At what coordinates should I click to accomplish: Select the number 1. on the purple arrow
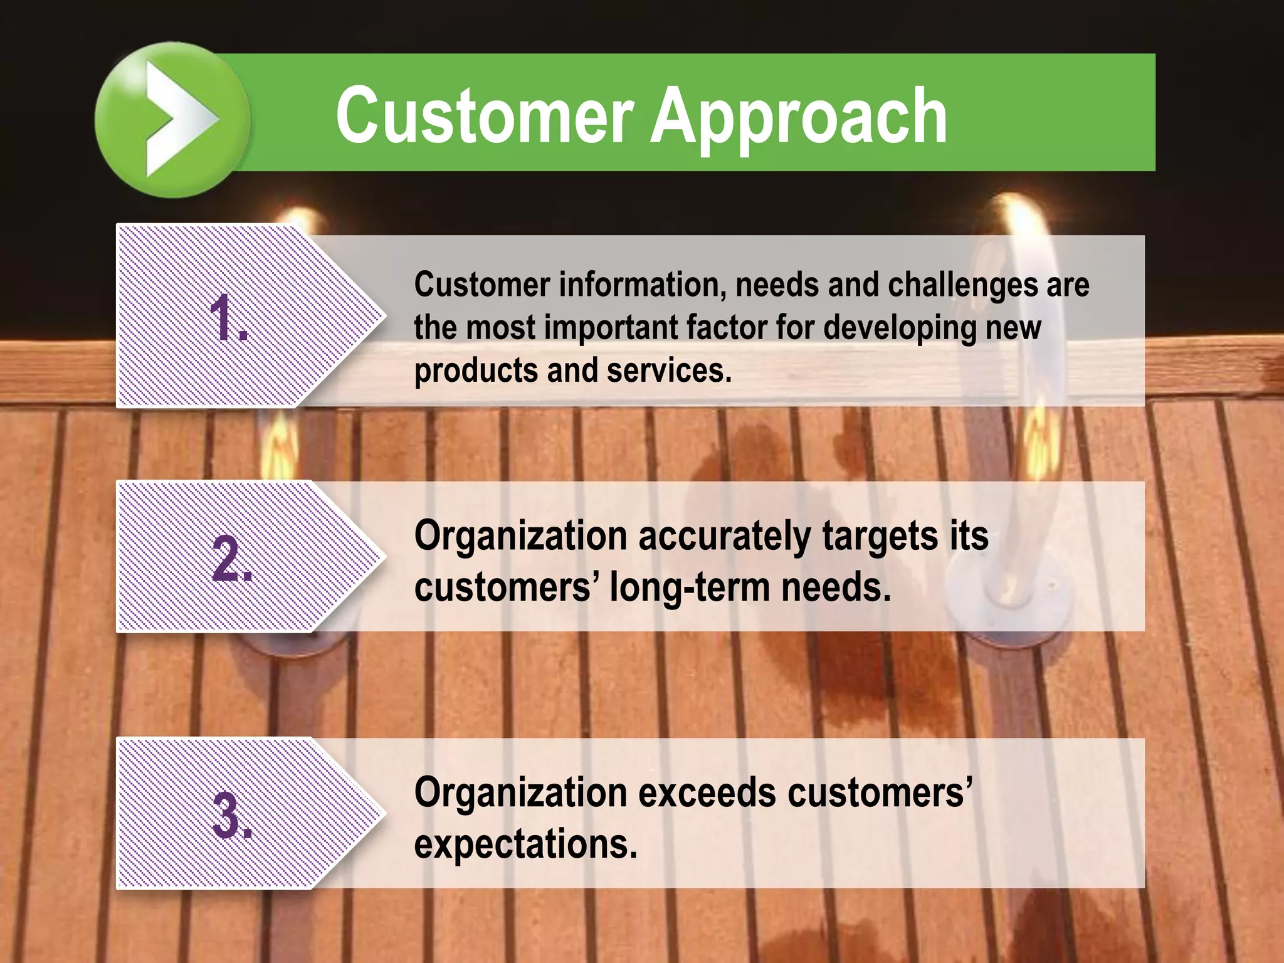click(x=228, y=319)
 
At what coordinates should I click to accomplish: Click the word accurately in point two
click(x=724, y=537)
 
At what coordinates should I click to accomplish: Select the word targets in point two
click(x=881, y=537)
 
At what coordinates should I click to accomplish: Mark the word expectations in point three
click(x=525, y=845)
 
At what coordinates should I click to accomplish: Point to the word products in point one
click(x=476, y=371)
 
